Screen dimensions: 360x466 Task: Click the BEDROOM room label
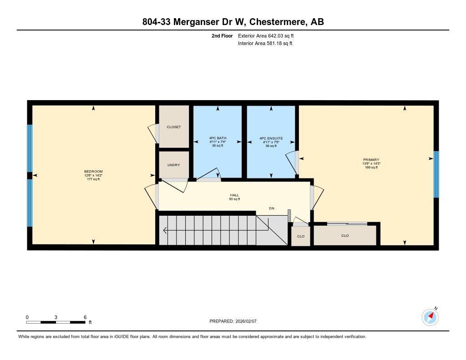(93, 172)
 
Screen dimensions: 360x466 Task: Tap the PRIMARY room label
(370, 160)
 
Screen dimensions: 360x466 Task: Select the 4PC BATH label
(218, 138)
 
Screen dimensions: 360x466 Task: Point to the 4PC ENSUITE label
(271, 138)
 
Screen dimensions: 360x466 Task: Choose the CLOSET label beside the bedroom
(173, 127)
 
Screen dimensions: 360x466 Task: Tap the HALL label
(234, 195)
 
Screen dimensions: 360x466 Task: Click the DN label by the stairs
(272, 208)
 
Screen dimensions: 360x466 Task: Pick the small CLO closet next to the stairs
(300, 236)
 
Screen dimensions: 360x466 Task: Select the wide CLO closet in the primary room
(345, 235)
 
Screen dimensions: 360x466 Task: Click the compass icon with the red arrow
(430, 317)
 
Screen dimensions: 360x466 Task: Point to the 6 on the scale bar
(85, 317)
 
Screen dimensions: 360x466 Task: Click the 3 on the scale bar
(56, 317)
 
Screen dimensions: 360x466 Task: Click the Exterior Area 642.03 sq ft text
(269, 35)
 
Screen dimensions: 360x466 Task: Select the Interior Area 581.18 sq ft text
(265, 44)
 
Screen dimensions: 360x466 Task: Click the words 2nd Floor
(222, 35)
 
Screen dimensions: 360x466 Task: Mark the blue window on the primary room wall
(436, 174)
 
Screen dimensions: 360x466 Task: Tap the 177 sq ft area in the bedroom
(93, 179)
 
